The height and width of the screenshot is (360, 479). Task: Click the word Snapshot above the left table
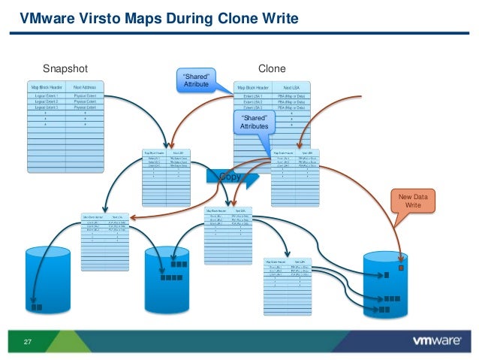tap(65, 68)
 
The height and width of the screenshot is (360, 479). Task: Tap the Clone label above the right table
tap(272, 68)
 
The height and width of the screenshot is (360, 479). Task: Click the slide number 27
tap(29, 343)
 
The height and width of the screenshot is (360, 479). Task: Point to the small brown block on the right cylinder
tap(401, 268)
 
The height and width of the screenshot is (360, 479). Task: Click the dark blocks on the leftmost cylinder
tap(35, 307)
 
